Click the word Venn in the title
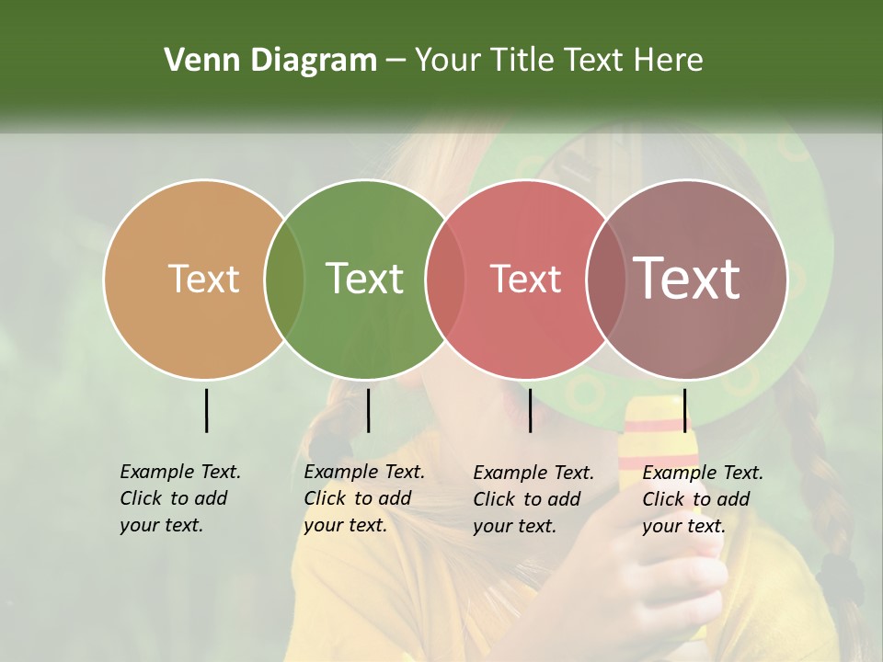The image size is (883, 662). (x=195, y=61)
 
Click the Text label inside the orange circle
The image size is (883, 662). (x=203, y=279)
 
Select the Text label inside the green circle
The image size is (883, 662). (x=364, y=279)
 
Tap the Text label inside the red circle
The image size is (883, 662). (x=525, y=279)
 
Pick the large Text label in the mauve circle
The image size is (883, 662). (x=687, y=279)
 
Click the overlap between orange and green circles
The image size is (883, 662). (x=284, y=280)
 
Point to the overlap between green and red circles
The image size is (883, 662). (x=445, y=280)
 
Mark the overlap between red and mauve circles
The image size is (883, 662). (x=606, y=280)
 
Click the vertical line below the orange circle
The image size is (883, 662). (x=207, y=410)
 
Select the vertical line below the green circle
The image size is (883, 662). (x=368, y=410)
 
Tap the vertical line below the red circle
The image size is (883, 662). (x=530, y=410)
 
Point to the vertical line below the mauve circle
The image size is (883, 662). (x=684, y=410)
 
